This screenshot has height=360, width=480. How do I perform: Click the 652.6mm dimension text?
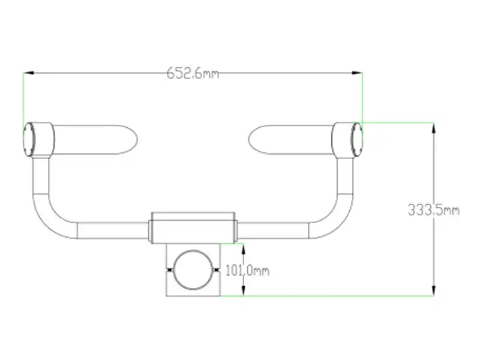point(193,73)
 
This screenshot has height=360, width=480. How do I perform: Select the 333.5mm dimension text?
point(433,211)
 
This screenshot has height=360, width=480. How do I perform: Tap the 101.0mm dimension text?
point(246,271)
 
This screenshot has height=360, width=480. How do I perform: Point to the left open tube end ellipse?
point(28,139)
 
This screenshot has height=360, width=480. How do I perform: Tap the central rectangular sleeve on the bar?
point(193,227)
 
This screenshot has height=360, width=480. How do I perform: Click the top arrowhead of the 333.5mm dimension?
point(433,126)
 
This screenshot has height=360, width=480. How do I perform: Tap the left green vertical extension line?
point(23,99)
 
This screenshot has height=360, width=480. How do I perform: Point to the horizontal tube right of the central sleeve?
point(273,230)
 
